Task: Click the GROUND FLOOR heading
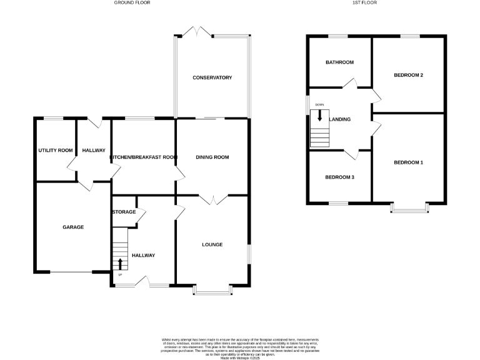[132, 2]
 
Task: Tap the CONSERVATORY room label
[212, 77]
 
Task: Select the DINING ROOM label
[212, 157]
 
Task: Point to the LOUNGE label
[212, 244]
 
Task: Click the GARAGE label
[72, 227]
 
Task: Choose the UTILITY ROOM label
[56, 151]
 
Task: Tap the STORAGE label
[124, 212]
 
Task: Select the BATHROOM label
[339, 62]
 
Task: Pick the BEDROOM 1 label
[408, 162]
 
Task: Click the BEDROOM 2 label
[408, 75]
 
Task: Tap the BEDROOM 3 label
[339, 177]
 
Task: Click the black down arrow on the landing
[320, 116]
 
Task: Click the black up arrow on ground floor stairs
[120, 262]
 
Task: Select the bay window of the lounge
[212, 290]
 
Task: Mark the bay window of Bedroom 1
[410, 208]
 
